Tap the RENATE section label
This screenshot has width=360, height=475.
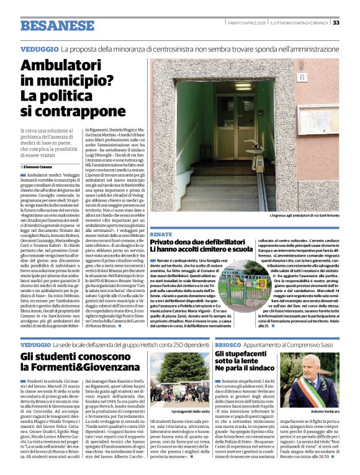pos(160,234)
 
